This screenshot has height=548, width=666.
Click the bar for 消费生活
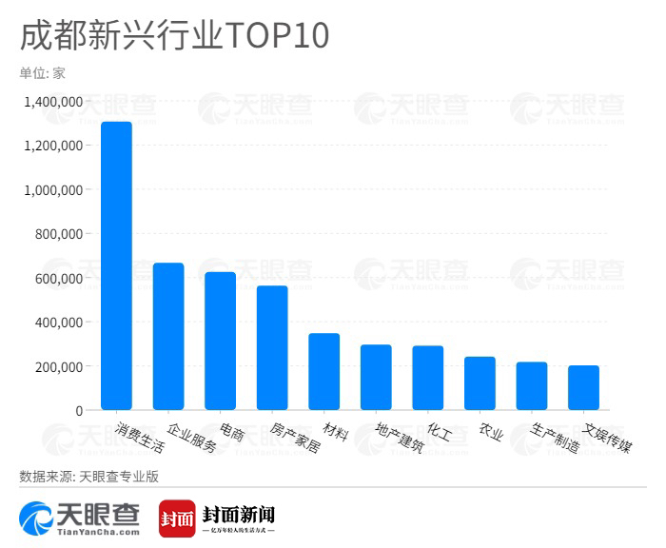click(x=116, y=266)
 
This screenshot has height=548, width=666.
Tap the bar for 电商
click(x=220, y=342)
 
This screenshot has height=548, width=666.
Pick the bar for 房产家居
click(x=272, y=348)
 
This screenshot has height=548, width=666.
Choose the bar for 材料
click(x=323, y=372)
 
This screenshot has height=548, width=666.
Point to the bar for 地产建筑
click(x=376, y=378)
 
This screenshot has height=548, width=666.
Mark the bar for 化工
click(x=427, y=378)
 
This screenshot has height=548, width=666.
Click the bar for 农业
click(x=480, y=383)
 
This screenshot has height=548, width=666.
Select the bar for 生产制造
click(x=531, y=386)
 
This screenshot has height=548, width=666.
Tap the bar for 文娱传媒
click(x=583, y=388)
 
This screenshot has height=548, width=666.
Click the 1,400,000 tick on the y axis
click(x=56, y=101)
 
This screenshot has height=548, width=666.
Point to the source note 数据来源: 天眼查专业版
click(x=90, y=475)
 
